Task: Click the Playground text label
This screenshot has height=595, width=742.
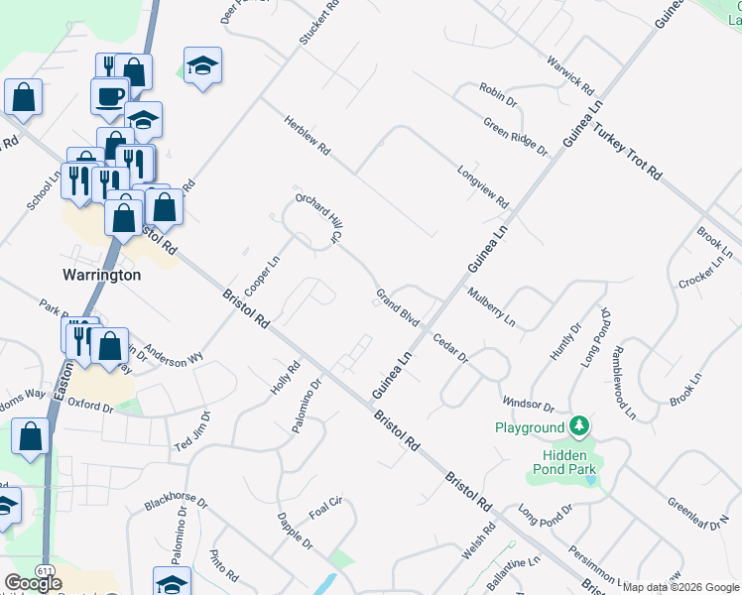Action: [x=530, y=427]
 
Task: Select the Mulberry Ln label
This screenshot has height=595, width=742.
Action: [x=492, y=308]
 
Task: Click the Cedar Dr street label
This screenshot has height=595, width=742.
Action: [x=449, y=348]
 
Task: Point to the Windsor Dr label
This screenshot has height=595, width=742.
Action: [x=529, y=404]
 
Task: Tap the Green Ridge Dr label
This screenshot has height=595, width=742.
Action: [x=516, y=137]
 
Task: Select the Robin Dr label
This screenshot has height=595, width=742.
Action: [x=498, y=96]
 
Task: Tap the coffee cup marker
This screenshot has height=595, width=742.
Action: [x=109, y=96]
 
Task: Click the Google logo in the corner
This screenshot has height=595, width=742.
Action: [x=33, y=583]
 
